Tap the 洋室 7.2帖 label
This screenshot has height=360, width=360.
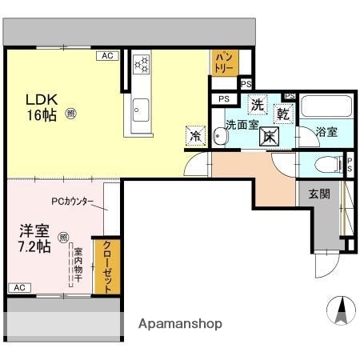[35, 238]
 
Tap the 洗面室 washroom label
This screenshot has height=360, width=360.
[240, 125]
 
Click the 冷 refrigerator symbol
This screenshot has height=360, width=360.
[194, 135]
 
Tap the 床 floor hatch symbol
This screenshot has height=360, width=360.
[270, 135]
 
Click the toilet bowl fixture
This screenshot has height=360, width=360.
[325, 165]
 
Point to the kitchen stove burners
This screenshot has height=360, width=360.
[141, 65]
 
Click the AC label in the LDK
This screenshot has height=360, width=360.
[106, 56]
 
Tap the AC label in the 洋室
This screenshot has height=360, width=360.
[19, 287]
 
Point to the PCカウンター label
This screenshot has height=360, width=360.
[73, 202]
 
